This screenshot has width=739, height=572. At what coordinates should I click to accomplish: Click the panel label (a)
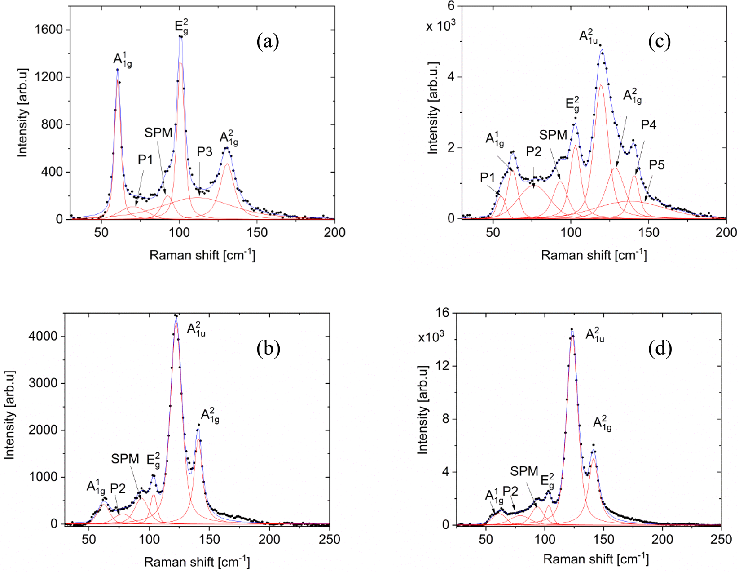268,42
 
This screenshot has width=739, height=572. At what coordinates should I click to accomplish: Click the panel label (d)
660,349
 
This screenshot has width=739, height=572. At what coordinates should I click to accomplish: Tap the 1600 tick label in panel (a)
48,30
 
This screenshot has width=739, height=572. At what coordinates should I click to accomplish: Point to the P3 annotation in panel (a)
204,152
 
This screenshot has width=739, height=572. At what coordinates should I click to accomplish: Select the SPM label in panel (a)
158,133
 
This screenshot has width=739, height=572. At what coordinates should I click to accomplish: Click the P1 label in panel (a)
145,160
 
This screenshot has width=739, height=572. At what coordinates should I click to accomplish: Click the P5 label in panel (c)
656,165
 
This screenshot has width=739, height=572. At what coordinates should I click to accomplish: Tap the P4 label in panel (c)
648,125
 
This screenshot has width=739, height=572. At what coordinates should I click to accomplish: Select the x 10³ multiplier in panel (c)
440,26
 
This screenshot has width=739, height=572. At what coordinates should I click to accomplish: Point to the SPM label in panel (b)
125,459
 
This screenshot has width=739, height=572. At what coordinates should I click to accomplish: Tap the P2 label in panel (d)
510,491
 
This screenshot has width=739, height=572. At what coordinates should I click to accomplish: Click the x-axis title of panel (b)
197,562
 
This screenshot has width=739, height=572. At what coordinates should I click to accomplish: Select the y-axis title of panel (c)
433,108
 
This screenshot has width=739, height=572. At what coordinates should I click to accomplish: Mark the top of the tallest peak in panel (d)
572,330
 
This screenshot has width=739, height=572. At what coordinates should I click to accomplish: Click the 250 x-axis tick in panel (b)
329,539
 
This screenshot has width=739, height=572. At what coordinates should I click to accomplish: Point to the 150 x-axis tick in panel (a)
257,233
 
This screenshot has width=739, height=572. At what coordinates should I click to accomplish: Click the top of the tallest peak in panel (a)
180,36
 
